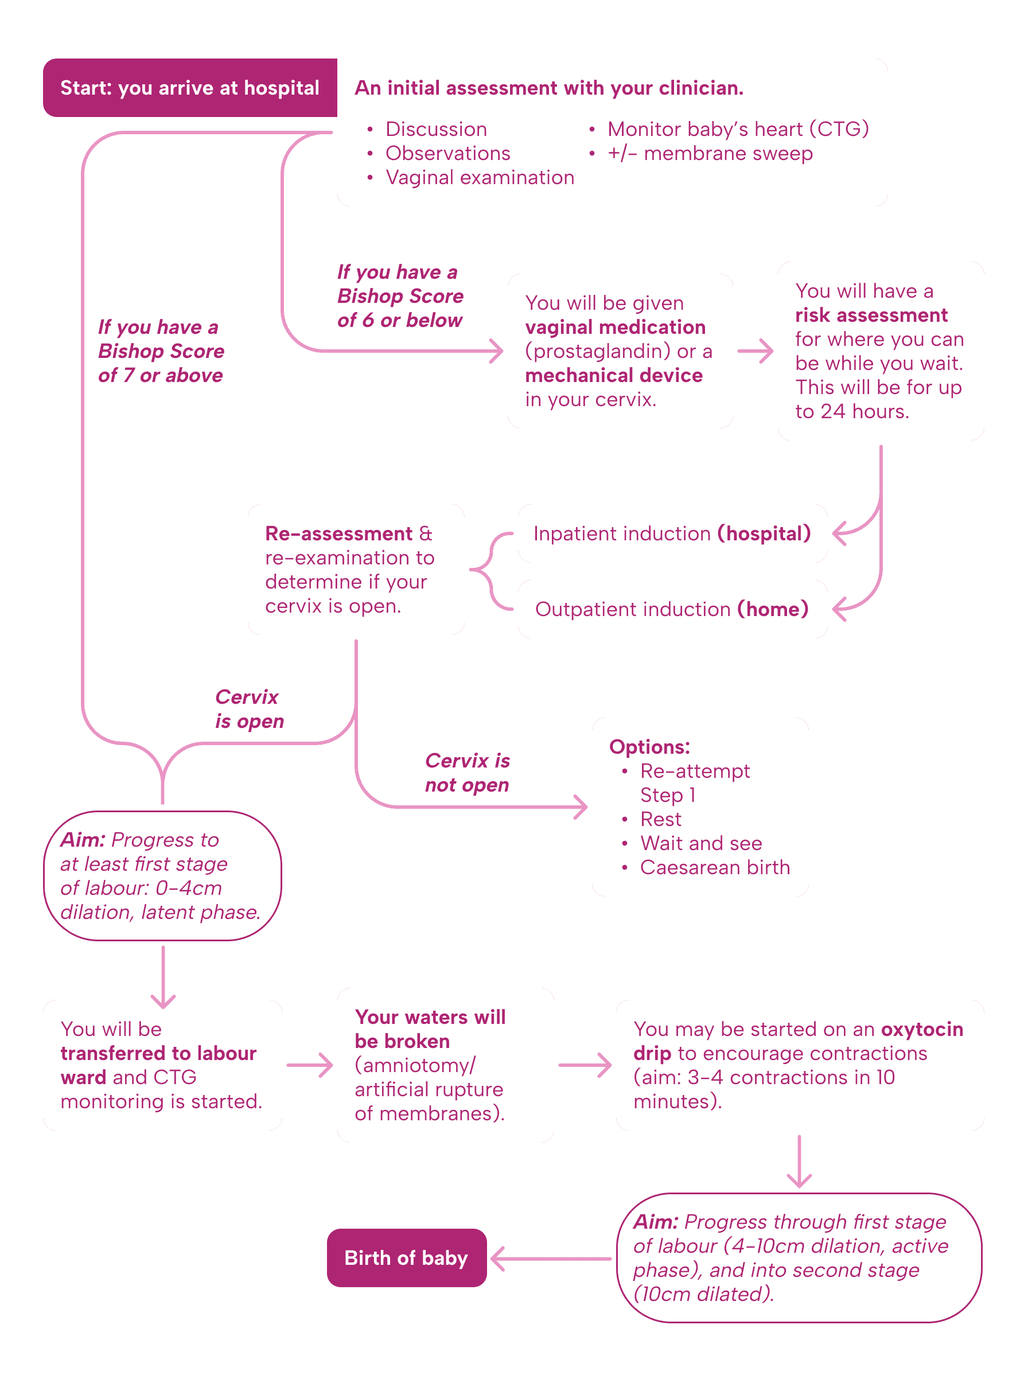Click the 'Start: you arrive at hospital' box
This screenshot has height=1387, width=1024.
pos(190,88)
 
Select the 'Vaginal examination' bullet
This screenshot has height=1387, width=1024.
pos(479,178)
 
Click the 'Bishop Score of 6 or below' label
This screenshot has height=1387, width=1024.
pos(400,296)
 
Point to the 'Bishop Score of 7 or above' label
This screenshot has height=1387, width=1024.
pos(161,352)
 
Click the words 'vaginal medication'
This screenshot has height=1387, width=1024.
pos(615,327)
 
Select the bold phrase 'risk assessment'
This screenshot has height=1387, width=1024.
pos(871,315)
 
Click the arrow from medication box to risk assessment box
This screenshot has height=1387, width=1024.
pos(755,352)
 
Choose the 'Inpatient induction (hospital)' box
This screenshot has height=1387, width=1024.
pos(672,533)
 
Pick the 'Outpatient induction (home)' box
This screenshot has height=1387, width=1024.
pos(672,609)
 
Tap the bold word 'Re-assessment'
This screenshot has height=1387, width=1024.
pos(338,533)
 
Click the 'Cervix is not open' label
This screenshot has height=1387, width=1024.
pos(467,773)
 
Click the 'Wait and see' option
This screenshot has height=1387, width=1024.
pos(700,843)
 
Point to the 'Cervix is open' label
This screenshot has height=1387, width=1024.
pos(249,710)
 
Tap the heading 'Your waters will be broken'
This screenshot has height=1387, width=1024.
pos(430,1030)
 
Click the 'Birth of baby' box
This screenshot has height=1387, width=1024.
pos(406,1258)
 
